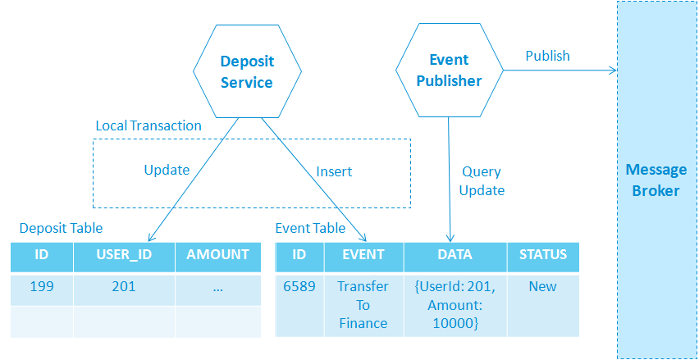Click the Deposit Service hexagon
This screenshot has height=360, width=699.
[x=247, y=71]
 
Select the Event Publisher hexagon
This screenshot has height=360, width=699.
[x=450, y=71]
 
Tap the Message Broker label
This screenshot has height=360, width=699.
[x=656, y=180]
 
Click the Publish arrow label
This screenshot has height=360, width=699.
[x=547, y=56]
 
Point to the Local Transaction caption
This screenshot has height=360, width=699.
[x=148, y=125]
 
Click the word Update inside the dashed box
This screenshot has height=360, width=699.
[x=167, y=171]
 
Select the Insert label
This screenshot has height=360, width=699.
[x=334, y=171]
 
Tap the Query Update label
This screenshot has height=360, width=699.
[x=482, y=181]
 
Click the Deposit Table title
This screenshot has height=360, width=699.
[x=61, y=228]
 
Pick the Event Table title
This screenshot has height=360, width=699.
[x=310, y=228]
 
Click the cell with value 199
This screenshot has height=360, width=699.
[x=42, y=290]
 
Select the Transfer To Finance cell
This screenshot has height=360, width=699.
[x=363, y=306]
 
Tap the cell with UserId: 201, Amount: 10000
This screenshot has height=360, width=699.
[x=455, y=306]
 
